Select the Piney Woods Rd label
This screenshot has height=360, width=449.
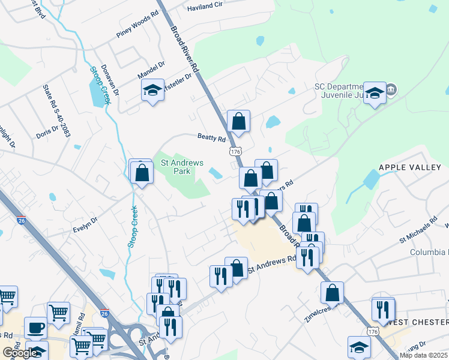pos(137,33)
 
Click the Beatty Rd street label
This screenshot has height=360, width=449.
pos(211,137)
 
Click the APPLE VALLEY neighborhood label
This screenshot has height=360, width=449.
pos(410,168)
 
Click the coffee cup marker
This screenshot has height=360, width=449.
pos(36,328)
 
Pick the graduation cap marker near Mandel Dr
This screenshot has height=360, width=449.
pos(152,91)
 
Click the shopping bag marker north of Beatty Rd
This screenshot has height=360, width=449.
pos(238,121)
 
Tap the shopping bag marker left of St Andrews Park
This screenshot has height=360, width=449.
pos(141,173)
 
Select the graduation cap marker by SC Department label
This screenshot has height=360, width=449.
pos(375,92)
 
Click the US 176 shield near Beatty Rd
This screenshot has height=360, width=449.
pos(235,152)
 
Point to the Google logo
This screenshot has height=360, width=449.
pos(20,353)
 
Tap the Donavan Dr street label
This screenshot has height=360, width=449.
pos(110,81)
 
